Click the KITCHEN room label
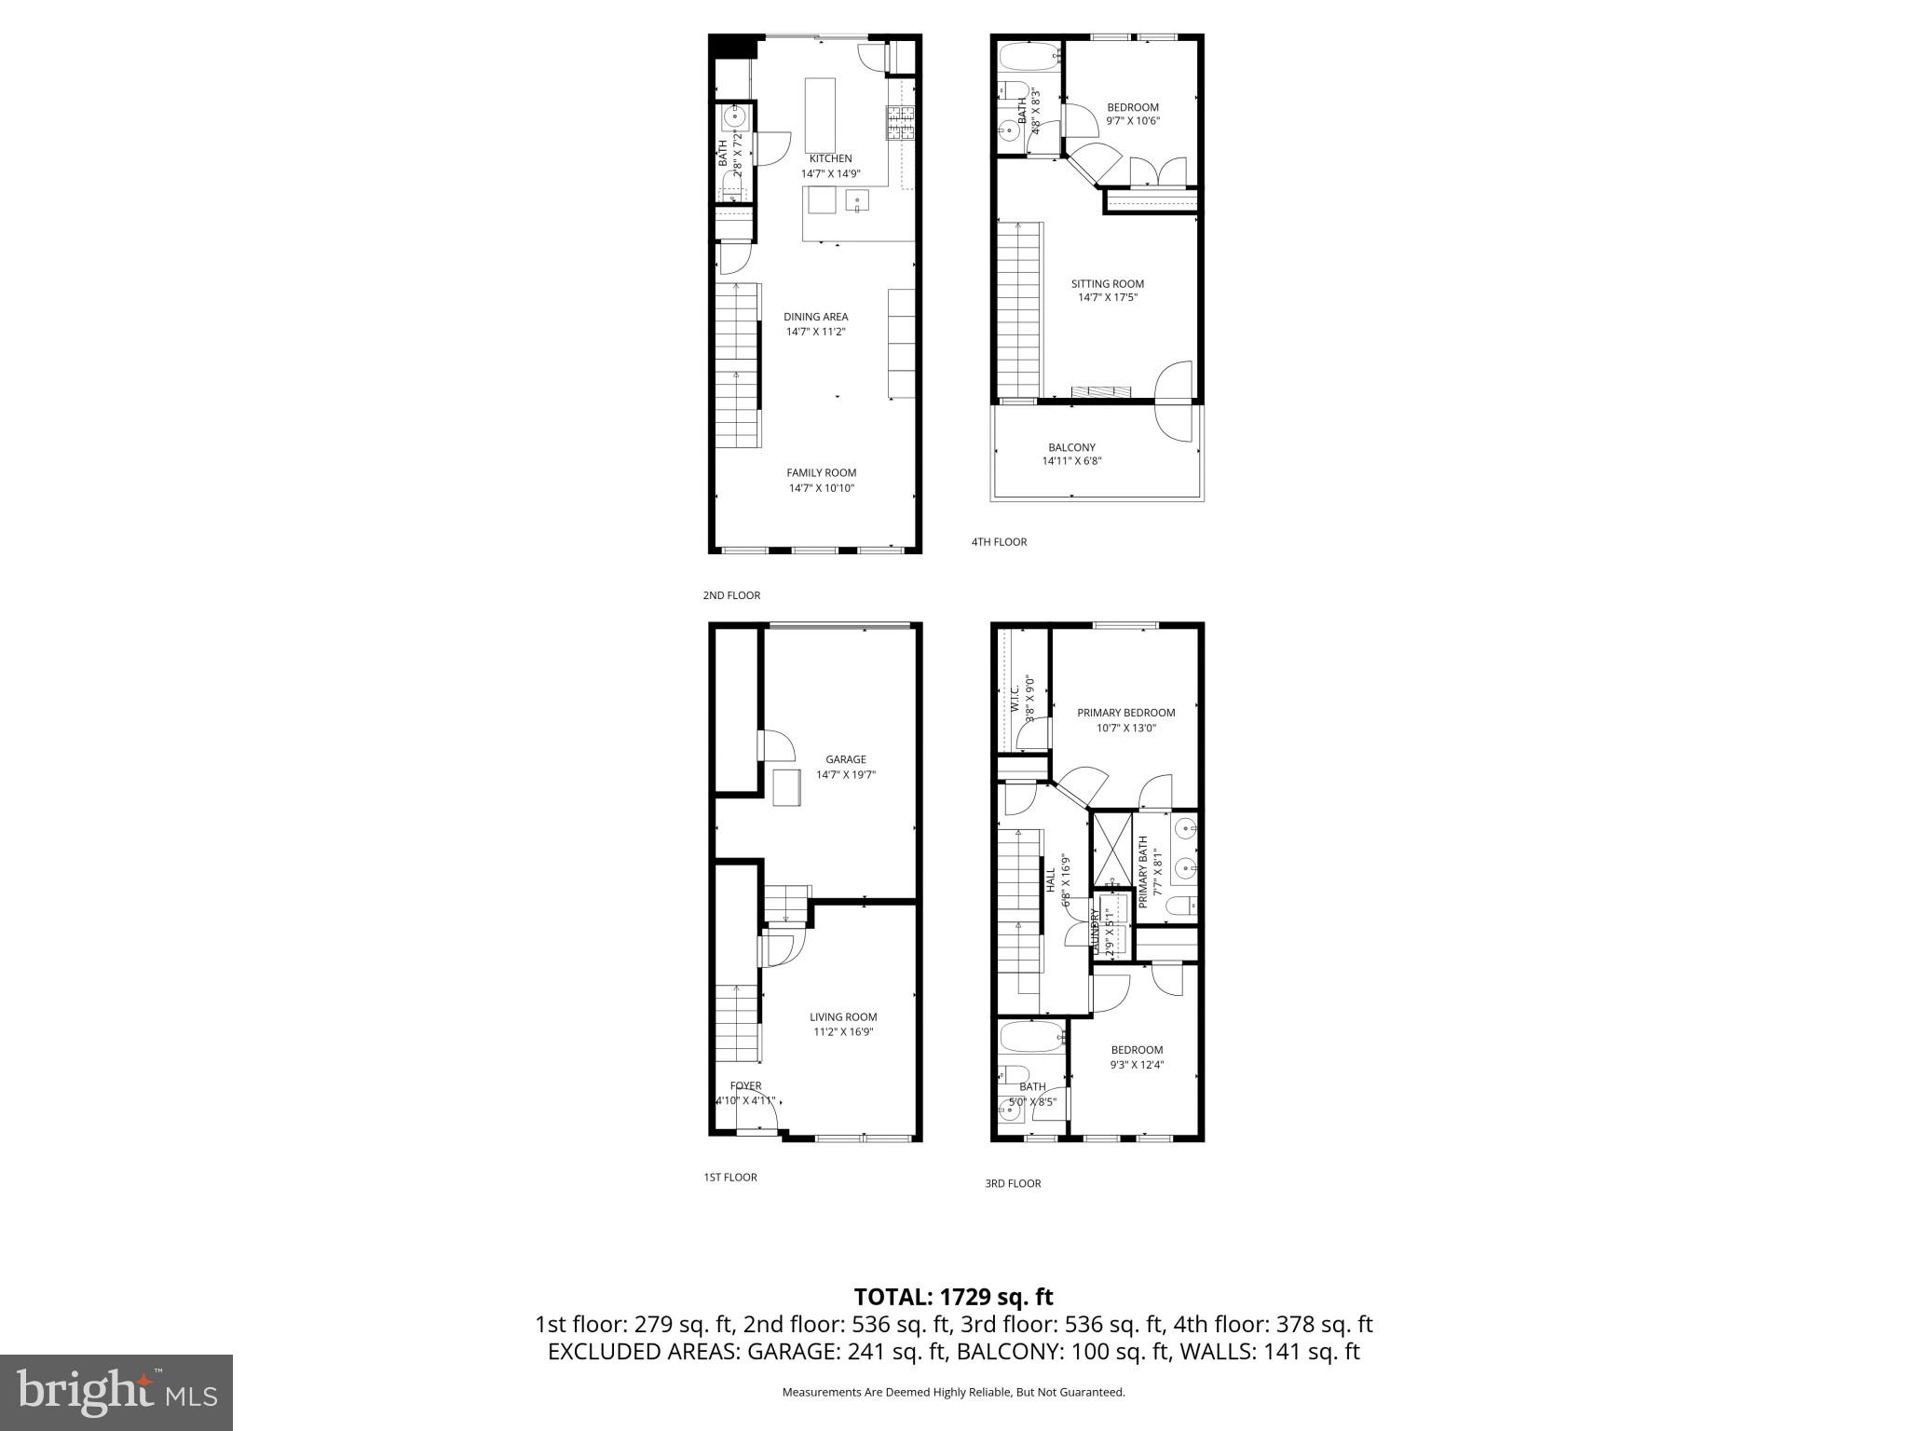[x=830, y=158]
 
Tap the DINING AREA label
[x=815, y=317]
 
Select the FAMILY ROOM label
[x=821, y=472]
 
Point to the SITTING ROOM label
[x=1107, y=284]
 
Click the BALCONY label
[x=1071, y=447]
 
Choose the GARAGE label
[x=845, y=759]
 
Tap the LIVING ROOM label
[x=843, y=1016]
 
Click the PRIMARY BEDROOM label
[x=1125, y=713]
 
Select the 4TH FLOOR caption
[x=999, y=542]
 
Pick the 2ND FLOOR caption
[x=731, y=595]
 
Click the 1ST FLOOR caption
[x=729, y=1178]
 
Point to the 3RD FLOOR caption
[x=1013, y=1184]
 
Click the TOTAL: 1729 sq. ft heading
[x=953, y=1297]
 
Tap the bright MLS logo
[x=116, y=1392]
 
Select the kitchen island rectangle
[x=820, y=115]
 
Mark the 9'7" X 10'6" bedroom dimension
[x=1133, y=121]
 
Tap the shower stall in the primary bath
[x=1112, y=849]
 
